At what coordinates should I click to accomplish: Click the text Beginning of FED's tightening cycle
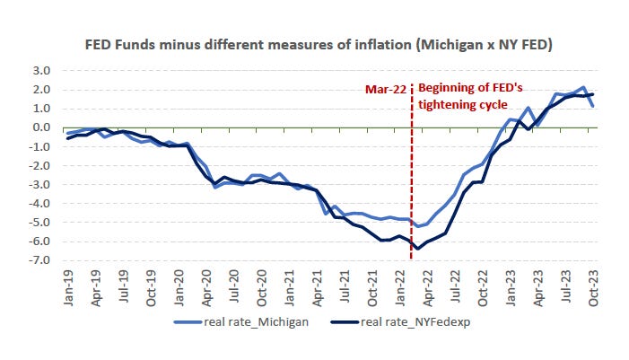pos(470,96)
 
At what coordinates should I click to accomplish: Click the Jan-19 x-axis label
pos(69,288)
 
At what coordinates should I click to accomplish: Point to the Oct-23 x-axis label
pos(593,288)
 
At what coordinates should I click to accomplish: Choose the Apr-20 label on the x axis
pos(207,288)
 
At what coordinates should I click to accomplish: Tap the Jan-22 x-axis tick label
pos(400,288)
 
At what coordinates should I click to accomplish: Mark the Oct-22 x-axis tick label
pos(483,288)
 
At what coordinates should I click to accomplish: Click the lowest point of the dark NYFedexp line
pos(418,249)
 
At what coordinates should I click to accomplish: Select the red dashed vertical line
pos(411,180)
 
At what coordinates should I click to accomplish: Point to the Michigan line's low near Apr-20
pos(214,187)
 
